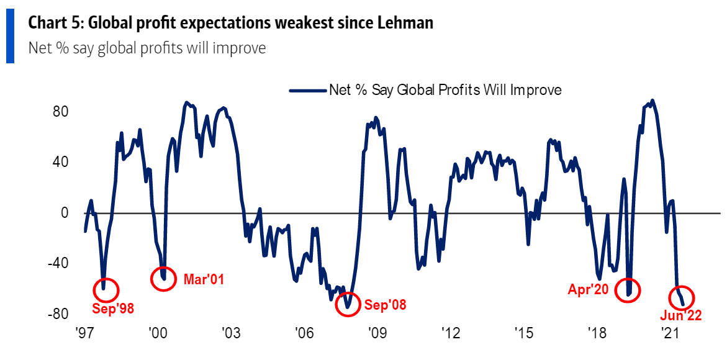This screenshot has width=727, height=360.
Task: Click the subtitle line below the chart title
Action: [x=147, y=48]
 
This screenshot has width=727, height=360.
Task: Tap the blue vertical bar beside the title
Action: [x=10, y=37]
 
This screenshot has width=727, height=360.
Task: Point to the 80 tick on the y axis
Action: [x=60, y=112]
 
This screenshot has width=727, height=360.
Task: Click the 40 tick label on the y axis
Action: [x=60, y=163]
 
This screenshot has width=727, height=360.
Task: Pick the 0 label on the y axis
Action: [x=64, y=213]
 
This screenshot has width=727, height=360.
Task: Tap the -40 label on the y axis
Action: [x=58, y=263]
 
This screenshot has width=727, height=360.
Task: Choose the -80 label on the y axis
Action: [x=58, y=314]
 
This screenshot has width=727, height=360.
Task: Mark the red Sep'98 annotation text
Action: [x=113, y=307]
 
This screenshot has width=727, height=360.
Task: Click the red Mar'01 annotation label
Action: [x=204, y=279]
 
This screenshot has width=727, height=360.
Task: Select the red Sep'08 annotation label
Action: [x=385, y=305]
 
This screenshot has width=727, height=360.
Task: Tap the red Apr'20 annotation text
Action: [x=589, y=289]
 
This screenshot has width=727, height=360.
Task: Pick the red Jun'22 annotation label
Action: [x=681, y=316]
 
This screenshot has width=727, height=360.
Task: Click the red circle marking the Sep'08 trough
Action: [x=347, y=304]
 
